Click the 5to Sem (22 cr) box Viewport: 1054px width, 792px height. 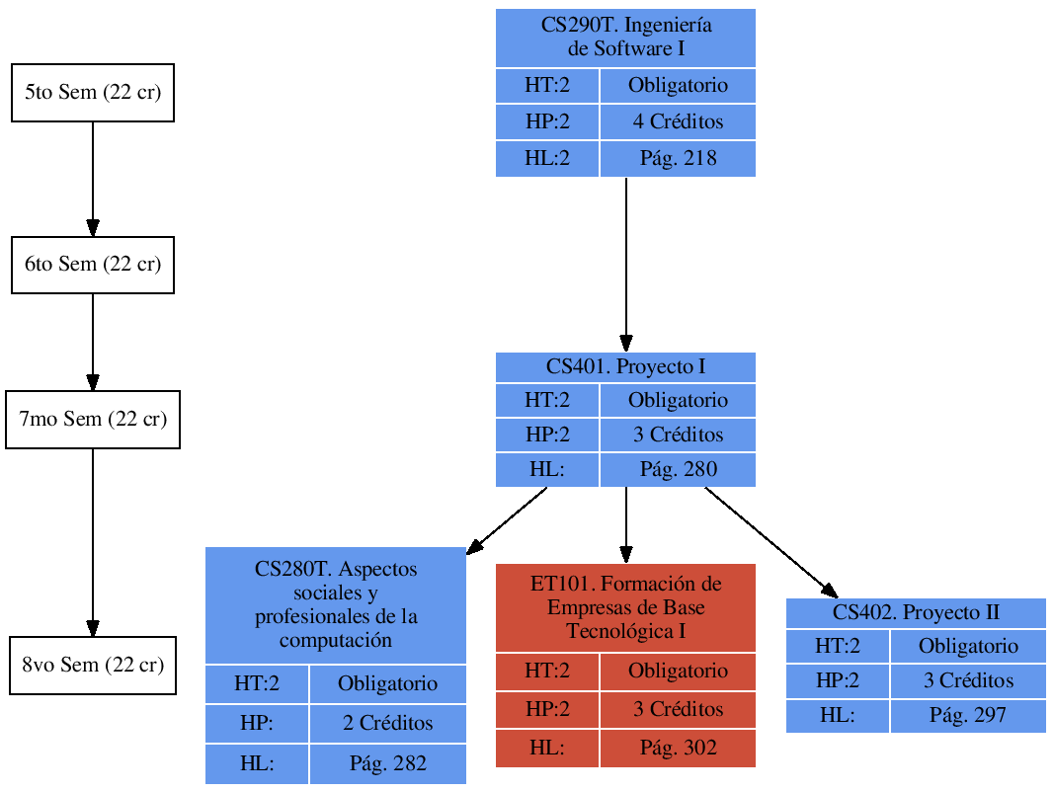93,93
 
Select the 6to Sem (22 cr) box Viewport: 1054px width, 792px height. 93,265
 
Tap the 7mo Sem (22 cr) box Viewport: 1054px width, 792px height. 93,420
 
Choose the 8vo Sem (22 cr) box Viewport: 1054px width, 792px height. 93,665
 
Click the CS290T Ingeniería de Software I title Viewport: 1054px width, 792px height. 625,38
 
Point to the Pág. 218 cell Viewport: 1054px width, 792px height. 678,158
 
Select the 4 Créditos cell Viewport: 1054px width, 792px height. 678,122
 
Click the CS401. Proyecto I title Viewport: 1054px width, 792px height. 625,367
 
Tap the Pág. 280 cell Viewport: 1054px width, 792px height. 678,469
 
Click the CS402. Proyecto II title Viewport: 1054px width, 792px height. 916,612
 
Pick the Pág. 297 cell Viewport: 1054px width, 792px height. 968,715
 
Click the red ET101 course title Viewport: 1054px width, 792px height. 625,606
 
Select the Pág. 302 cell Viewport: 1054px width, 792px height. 678,749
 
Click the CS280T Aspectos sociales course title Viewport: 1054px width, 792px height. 336,604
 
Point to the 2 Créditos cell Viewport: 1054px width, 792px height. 387,723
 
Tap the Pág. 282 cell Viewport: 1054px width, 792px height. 387,763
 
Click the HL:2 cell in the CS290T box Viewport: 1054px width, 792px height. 547,158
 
